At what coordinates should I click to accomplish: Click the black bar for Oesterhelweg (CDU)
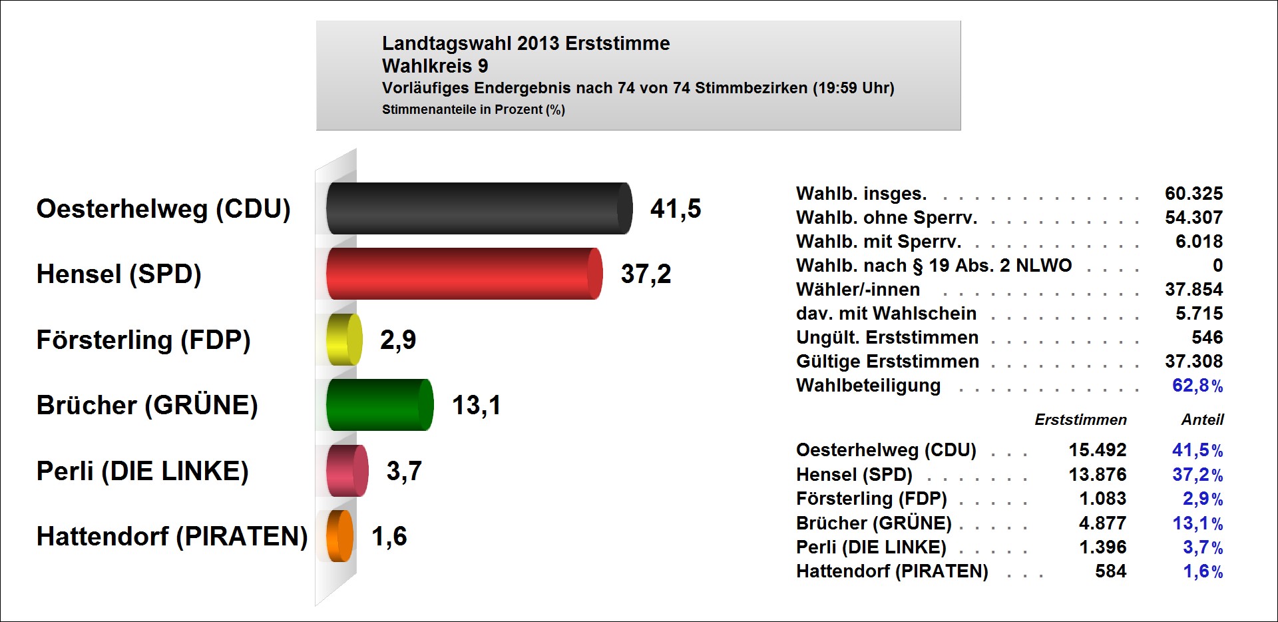click(478, 208)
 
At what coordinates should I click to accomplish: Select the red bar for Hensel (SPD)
click(463, 274)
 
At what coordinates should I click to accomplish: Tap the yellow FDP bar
click(344, 340)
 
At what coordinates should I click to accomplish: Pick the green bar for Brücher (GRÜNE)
click(379, 405)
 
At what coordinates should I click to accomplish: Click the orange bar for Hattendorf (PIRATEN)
click(340, 536)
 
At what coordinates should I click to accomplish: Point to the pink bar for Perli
click(347, 471)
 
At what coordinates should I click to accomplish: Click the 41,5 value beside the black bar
click(676, 209)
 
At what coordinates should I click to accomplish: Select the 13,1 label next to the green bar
click(476, 406)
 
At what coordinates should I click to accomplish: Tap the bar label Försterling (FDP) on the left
click(143, 340)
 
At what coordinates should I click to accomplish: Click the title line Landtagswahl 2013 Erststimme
click(526, 44)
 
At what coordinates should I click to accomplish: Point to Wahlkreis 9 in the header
click(435, 67)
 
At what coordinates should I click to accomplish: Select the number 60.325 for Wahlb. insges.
click(1193, 194)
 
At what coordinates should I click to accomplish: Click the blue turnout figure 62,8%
click(1197, 386)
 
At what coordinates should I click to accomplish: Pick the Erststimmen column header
click(1080, 420)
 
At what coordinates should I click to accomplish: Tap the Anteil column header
click(1202, 420)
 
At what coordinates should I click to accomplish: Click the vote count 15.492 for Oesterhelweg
click(1097, 450)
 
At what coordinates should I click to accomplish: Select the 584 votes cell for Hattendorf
click(1110, 571)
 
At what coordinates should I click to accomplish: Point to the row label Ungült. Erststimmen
click(887, 338)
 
